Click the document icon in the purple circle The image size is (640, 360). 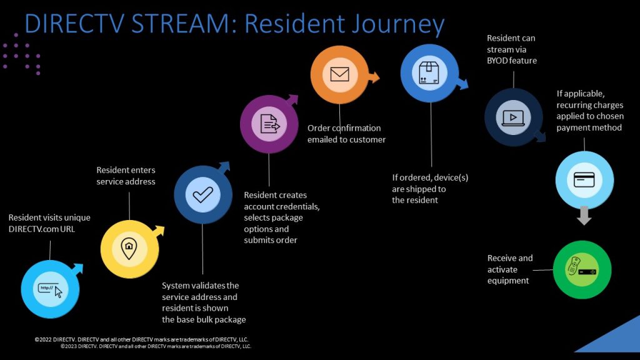269,124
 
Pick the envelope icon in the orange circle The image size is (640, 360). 339,74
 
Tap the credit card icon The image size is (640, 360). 584,180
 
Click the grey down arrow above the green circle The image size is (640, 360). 584,216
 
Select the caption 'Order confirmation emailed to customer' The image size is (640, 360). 346,134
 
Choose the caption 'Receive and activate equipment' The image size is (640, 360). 510,269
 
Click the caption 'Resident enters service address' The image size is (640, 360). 126,176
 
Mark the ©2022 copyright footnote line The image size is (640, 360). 142,339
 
